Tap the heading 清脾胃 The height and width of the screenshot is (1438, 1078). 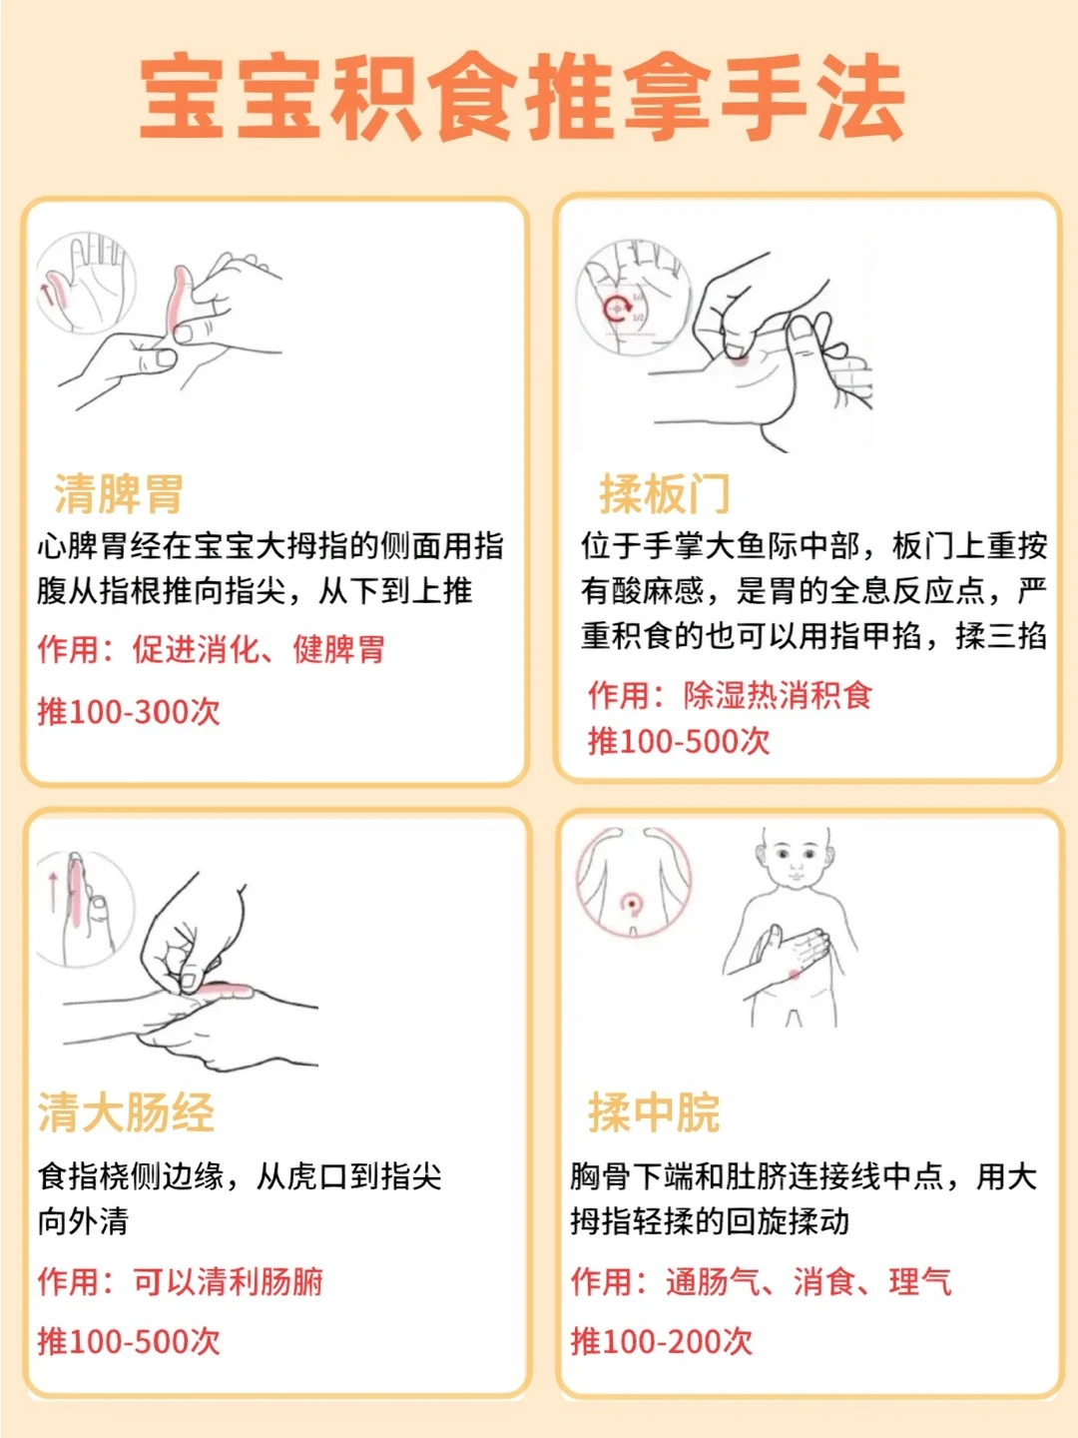click(x=119, y=493)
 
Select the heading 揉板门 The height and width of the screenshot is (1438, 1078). click(x=665, y=493)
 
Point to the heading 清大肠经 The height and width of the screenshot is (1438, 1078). click(x=126, y=1112)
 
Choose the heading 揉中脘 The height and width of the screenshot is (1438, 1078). click(x=654, y=1112)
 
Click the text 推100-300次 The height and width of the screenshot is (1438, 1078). click(x=129, y=711)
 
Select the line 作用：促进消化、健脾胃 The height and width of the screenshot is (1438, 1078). click(x=212, y=649)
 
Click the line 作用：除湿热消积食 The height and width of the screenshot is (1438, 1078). click(x=731, y=694)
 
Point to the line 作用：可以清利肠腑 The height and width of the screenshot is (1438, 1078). click(x=181, y=1281)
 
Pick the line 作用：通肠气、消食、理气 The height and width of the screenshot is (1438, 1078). click(x=762, y=1281)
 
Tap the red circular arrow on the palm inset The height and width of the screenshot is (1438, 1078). click(x=617, y=308)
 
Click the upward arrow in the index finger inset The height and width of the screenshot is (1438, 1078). click(x=53, y=891)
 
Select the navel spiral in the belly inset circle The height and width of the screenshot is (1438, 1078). click(x=632, y=904)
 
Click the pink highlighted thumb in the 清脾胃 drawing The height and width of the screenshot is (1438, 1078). click(x=178, y=297)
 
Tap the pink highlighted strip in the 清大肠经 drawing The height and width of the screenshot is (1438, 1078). click(x=226, y=988)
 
